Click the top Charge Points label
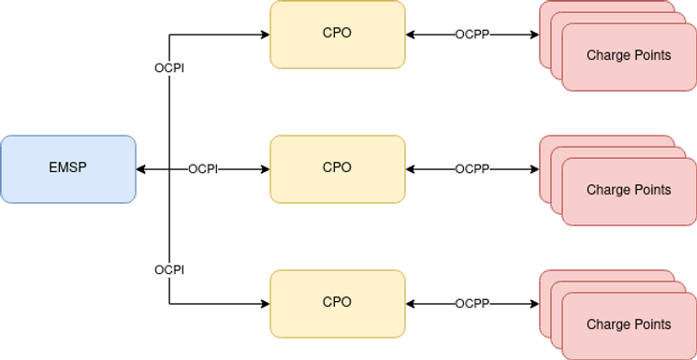629,55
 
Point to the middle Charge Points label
629,190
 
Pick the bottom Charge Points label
629,324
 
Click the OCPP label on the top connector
472,35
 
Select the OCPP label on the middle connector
472,169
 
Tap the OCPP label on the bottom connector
472,304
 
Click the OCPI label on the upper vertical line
169,68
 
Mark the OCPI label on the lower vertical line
169,269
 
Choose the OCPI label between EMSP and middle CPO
203,169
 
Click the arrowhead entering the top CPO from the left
265,35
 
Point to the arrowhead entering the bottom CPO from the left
265,304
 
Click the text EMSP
68,169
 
